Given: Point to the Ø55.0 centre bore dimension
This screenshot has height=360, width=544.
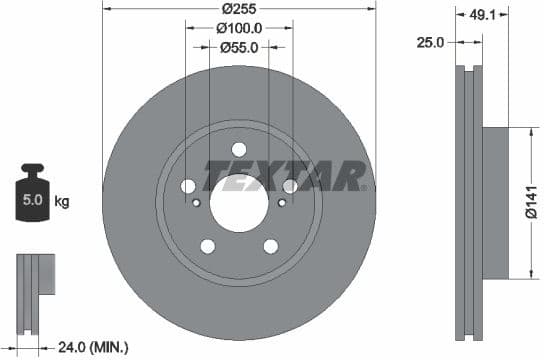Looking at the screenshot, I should pyautogui.click(x=240, y=46).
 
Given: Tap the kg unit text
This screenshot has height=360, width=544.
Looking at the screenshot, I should pyautogui.click(x=62, y=202).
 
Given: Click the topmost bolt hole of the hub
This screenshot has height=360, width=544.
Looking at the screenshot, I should pyautogui.click(x=239, y=149).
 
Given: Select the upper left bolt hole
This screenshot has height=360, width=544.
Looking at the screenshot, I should pyautogui.click(x=188, y=186).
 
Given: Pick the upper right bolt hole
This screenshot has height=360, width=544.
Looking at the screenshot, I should pyautogui.click(x=289, y=186).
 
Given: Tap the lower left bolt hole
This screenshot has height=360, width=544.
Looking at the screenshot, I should pyautogui.click(x=207, y=246).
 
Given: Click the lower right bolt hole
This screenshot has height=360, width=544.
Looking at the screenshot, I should pyautogui.click(x=270, y=246).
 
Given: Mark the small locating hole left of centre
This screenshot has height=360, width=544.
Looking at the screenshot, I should pyautogui.click(x=196, y=203).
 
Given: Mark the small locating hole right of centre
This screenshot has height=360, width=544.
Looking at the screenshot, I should pyautogui.click(x=281, y=203).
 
